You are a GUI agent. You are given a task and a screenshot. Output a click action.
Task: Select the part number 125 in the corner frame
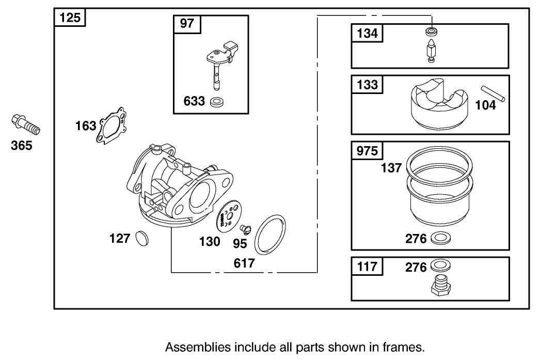point(70,18)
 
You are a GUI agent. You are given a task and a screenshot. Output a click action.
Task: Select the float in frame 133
point(438,105)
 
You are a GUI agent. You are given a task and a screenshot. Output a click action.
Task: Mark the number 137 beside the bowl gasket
point(391,168)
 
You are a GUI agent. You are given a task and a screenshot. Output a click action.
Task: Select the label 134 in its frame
point(367,34)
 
